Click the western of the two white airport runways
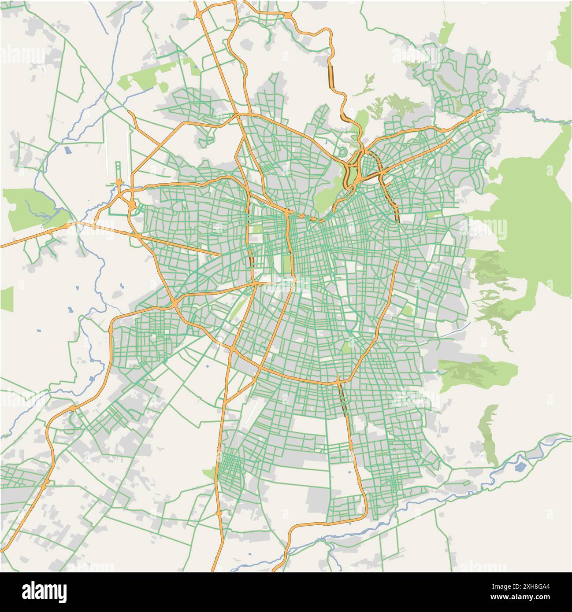(106, 147)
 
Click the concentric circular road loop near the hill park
(342, 152)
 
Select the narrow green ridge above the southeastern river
(488, 434)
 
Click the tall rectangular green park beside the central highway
(286, 264)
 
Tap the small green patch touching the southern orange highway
(209, 474)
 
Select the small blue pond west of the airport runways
(67, 150)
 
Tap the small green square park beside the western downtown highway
(256, 230)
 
